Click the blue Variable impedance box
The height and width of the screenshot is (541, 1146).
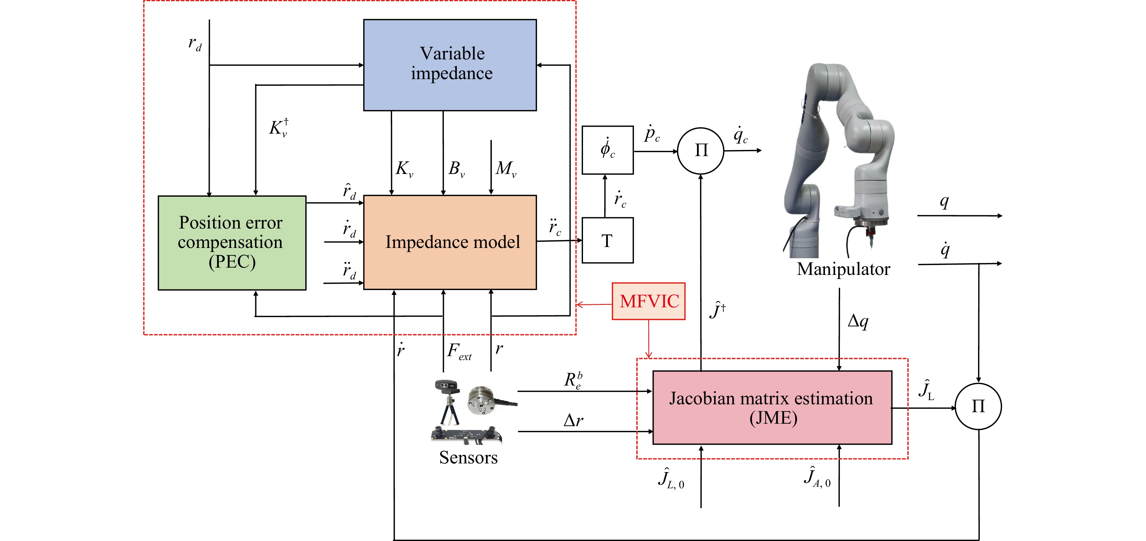[x=450, y=65]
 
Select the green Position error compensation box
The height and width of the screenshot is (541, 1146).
[x=232, y=243]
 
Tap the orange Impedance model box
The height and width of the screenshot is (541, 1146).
[x=450, y=242]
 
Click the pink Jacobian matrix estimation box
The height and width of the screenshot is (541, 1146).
[x=772, y=408]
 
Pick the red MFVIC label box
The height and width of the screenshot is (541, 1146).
[x=648, y=301]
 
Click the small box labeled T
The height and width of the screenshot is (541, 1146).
[x=607, y=241]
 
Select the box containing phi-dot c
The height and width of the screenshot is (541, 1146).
[x=607, y=150]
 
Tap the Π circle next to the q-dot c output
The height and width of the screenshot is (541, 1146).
[x=701, y=151]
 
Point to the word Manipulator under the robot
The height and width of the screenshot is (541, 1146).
[x=843, y=269]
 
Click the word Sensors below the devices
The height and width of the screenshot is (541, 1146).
[x=468, y=457]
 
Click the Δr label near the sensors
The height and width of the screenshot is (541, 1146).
[x=573, y=420]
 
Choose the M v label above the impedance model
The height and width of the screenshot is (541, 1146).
[x=506, y=169]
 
